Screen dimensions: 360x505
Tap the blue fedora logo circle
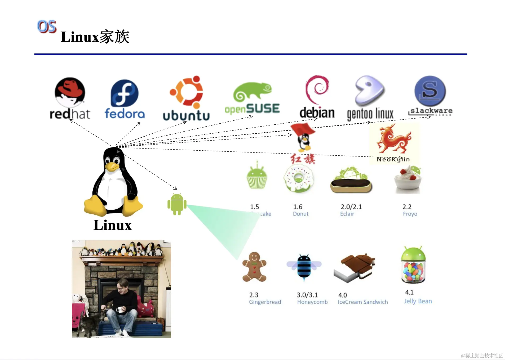tap(125, 93)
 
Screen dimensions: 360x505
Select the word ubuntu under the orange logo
tap(186, 116)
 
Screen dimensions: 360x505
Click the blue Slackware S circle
tap(430, 91)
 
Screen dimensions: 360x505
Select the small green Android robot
tap(177, 204)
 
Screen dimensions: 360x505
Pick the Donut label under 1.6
tap(301, 214)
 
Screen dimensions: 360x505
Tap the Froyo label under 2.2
tap(410, 214)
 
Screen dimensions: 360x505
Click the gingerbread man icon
tap(254, 267)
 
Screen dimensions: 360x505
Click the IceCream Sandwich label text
tap(363, 302)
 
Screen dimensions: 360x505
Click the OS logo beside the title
tap(47, 26)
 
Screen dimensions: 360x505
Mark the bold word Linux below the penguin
tap(112, 225)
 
